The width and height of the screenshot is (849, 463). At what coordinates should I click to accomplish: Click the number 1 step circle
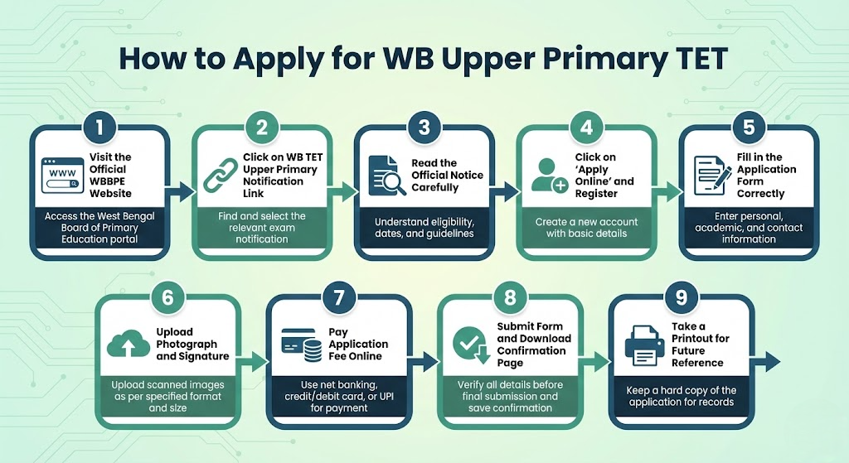[x=99, y=128]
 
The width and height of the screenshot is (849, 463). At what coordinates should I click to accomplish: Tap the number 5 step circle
[x=750, y=128]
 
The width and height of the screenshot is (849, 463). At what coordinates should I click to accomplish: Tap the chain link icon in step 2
[x=221, y=176]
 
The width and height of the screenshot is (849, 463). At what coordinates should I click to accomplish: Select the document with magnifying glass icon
[x=385, y=176]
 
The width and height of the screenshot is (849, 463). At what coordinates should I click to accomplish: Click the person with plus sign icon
[x=546, y=176]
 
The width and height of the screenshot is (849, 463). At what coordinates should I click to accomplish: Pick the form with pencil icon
[x=709, y=176]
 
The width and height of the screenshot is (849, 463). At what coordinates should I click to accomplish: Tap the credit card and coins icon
[x=302, y=345]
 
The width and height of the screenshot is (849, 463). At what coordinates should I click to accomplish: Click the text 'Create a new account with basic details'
[x=586, y=227]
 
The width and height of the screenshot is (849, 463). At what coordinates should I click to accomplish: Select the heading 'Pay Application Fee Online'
[x=358, y=344]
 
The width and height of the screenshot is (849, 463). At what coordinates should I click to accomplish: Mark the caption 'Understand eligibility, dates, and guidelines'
[x=424, y=227]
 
